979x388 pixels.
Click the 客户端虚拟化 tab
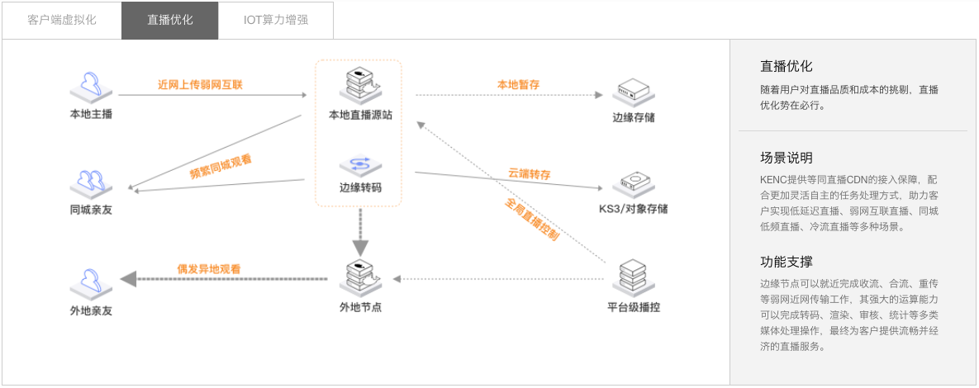coord(62,20)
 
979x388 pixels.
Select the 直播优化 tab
coord(170,20)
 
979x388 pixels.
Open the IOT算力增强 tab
coord(275,20)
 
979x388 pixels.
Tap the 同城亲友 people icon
coord(91,182)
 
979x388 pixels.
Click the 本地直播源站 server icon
coord(360,88)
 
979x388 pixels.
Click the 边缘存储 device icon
coord(633,92)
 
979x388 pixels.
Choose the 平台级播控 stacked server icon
coord(633,277)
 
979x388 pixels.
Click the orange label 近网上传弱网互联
coord(200,84)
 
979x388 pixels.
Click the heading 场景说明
coord(786,158)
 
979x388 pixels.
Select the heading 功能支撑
coord(786,262)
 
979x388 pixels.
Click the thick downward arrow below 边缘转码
coord(360,229)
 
